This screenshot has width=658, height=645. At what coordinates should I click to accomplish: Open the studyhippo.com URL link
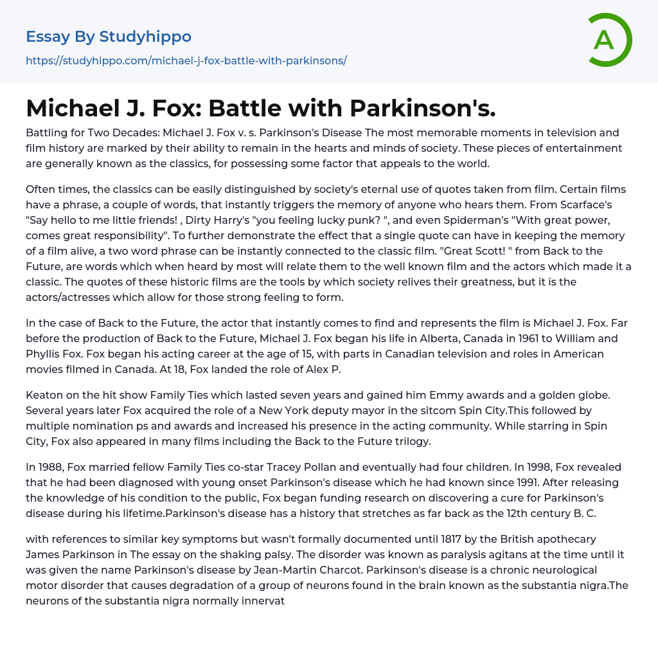(x=186, y=60)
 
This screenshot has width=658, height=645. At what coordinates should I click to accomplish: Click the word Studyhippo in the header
(x=145, y=37)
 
